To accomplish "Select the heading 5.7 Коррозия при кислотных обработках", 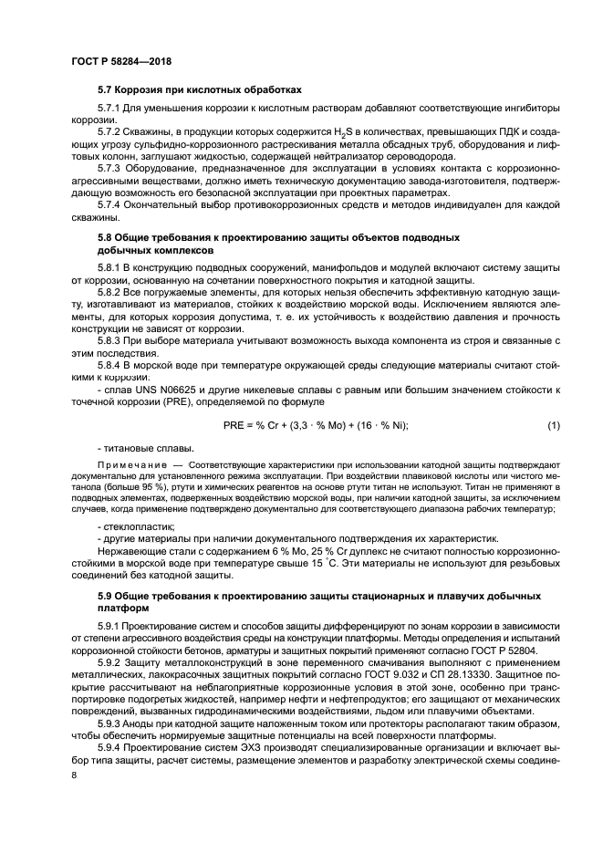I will (199, 89).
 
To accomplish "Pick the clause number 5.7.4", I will (111, 204).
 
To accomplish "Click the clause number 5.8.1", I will (111, 265).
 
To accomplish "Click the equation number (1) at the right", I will (553, 425).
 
